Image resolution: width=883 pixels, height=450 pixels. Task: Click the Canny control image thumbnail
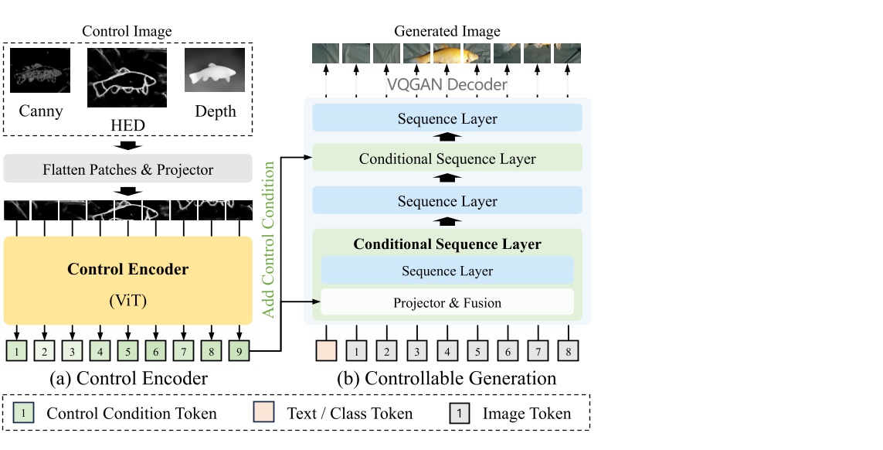click(41, 71)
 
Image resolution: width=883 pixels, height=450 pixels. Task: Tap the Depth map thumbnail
click(215, 70)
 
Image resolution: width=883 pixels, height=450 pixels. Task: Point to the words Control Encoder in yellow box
click(127, 270)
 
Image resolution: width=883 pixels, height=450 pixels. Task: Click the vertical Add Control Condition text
click(270, 239)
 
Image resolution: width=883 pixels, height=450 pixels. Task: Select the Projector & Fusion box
click(447, 302)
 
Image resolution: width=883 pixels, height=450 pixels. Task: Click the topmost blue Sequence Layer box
click(447, 118)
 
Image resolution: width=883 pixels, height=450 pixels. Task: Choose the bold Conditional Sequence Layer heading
click(447, 244)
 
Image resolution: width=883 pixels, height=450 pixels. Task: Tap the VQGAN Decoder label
click(447, 84)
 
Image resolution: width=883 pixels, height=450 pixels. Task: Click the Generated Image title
click(447, 32)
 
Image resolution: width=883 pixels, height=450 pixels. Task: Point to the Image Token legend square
click(459, 414)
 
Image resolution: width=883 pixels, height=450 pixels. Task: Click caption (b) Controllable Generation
click(447, 379)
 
